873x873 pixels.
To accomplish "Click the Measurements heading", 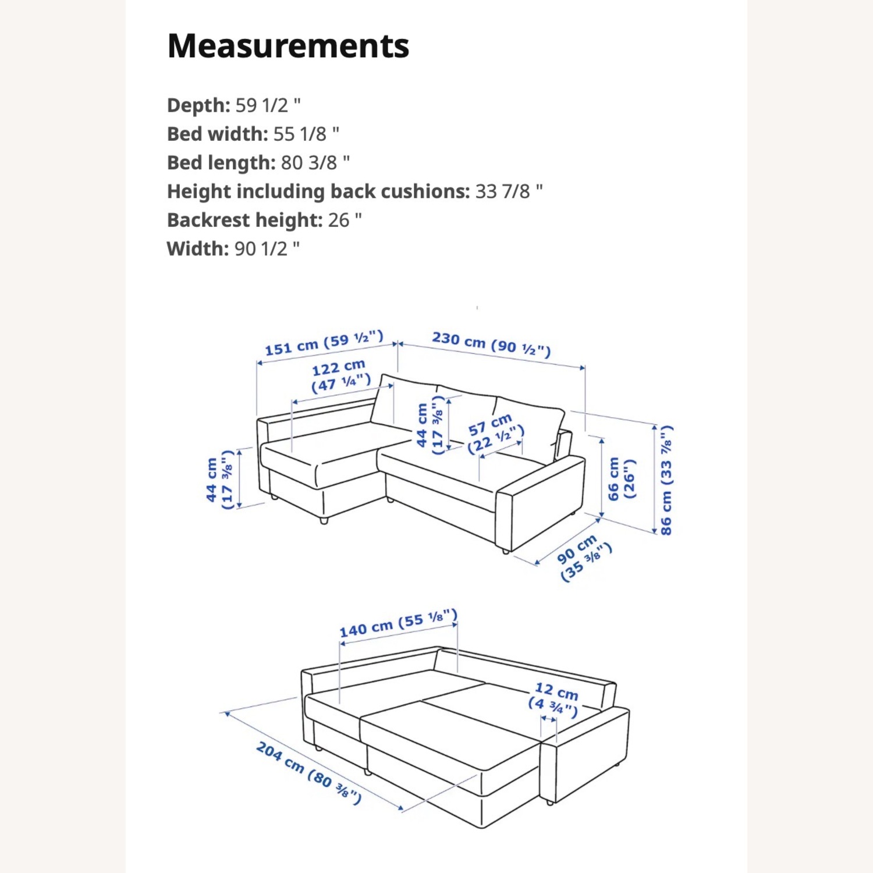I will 288,46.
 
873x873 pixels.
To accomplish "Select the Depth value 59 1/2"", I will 268,105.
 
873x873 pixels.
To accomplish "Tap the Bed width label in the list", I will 217,134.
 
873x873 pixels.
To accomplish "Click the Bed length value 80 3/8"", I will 315,163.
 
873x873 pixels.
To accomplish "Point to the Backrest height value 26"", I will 345,220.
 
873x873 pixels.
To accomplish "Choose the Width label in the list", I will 198,249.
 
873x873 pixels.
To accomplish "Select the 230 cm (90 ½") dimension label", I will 491,343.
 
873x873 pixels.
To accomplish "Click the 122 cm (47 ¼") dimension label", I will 340,375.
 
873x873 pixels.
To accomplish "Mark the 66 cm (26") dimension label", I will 622,478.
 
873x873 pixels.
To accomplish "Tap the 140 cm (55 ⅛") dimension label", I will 398,624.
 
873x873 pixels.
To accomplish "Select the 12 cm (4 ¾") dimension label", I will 555,698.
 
